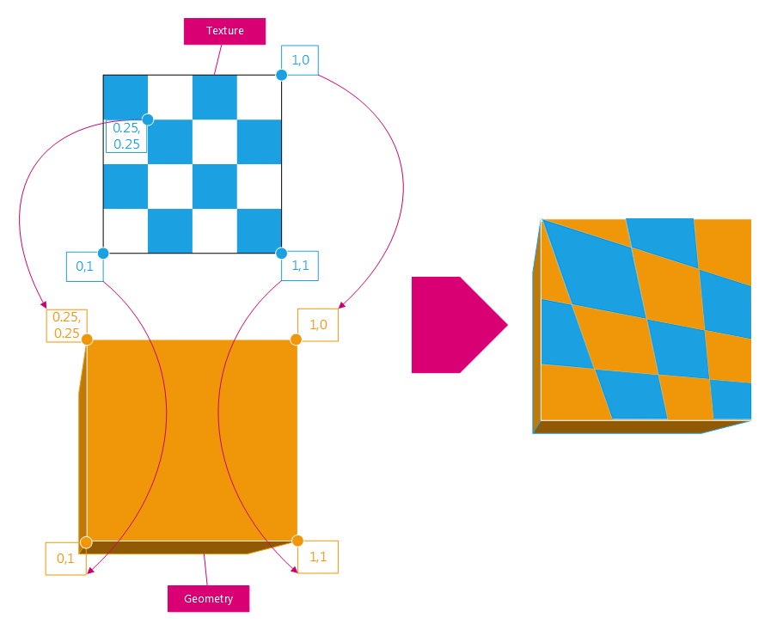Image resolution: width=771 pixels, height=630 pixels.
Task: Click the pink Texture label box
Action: (224, 31)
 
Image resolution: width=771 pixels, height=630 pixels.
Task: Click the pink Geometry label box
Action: (208, 598)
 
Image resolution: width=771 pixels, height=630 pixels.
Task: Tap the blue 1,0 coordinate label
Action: (300, 60)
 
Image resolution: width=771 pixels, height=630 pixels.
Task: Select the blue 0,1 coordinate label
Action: (85, 266)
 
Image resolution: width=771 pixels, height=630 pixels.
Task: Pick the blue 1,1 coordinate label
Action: (300, 266)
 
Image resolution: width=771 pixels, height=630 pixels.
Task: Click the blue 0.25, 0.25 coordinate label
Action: (126, 136)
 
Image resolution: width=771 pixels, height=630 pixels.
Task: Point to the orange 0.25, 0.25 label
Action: (66, 325)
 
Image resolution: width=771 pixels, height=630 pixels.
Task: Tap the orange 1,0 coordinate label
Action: (318, 325)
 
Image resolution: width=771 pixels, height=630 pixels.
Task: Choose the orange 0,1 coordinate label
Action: (66, 558)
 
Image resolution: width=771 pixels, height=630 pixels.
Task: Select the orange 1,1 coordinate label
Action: (318, 557)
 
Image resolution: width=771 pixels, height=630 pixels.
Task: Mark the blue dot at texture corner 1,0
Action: (281, 75)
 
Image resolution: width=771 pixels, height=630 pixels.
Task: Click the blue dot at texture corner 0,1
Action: (103, 253)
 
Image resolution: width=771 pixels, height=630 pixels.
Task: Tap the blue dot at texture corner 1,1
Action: (281, 253)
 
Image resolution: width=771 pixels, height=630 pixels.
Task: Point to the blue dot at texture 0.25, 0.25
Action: (148, 119)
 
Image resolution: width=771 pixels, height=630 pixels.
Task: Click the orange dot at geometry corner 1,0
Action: (296, 339)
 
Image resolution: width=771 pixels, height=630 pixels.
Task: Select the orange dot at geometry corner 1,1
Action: (297, 541)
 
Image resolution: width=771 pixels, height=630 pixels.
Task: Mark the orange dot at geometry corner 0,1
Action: (85, 541)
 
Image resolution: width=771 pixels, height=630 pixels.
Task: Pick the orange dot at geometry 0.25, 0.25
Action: (87, 339)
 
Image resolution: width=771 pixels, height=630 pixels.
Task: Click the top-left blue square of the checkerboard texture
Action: (125, 96)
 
